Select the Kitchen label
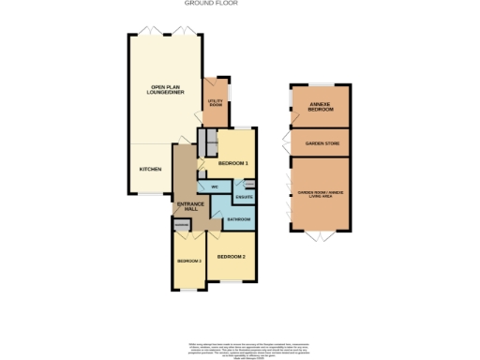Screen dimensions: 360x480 tap(150, 169)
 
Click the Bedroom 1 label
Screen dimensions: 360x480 tap(232, 164)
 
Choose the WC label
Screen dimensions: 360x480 tap(214, 187)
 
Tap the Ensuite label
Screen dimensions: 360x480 tap(244, 196)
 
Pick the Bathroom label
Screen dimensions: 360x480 tap(238, 219)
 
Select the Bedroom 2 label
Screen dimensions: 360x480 tap(231, 256)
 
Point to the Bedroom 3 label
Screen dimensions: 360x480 tap(188, 260)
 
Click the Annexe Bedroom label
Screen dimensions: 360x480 tap(321, 108)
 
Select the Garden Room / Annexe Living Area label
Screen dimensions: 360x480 tap(321, 195)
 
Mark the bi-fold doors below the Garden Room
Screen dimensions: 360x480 tap(321, 234)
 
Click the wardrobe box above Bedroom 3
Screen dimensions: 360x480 tap(183, 225)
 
